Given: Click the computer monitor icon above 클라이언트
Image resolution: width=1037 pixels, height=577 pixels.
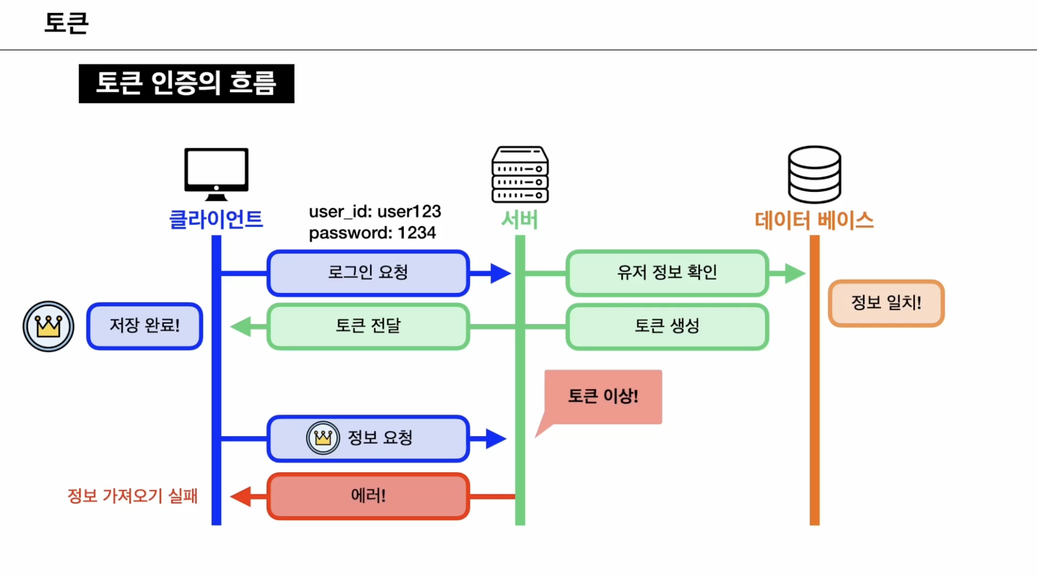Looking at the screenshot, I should click(x=216, y=173).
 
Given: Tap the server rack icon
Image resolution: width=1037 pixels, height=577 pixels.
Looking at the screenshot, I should click(x=520, y=175).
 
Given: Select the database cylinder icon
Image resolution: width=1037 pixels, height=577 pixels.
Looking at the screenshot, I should click(x=814, y=175).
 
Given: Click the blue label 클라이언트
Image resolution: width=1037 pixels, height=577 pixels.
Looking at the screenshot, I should click(x=216, y=219).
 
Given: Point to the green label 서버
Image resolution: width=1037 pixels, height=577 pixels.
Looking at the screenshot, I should click(x=519, y=219).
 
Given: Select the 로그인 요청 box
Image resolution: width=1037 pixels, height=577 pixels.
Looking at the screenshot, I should click(x=368, y=273).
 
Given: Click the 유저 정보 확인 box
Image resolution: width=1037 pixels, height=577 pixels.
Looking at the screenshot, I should click(x=667, y=273).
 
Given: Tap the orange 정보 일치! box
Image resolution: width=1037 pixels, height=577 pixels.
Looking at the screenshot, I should click(x=885, y=303).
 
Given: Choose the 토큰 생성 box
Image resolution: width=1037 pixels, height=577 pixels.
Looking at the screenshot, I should click(x=667, y=326).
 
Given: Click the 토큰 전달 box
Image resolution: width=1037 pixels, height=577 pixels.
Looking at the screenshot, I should click(x=368, y=326).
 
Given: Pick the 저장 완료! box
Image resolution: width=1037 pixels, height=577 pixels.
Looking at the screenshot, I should click(x=145, y=326).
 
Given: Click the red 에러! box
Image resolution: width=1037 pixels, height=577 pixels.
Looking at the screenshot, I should click(x=368, y=496).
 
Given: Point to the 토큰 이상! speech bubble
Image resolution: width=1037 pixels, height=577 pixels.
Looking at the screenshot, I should click(x=603, y=397).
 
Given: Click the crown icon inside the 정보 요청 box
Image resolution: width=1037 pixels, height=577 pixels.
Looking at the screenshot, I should click(x=323, y=438).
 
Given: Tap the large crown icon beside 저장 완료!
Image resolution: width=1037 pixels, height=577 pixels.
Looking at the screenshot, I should click(x=49, y=326).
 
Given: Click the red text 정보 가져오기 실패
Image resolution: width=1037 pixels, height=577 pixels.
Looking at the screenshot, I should click(x=132, y=496).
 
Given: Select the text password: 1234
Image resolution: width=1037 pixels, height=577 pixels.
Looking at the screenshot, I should click(x=372, y=233).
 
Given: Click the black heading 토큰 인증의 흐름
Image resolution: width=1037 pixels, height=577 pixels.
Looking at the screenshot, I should click(x=186, y=84).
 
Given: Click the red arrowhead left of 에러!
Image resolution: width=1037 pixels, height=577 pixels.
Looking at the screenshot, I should click(x=241, y=496).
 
